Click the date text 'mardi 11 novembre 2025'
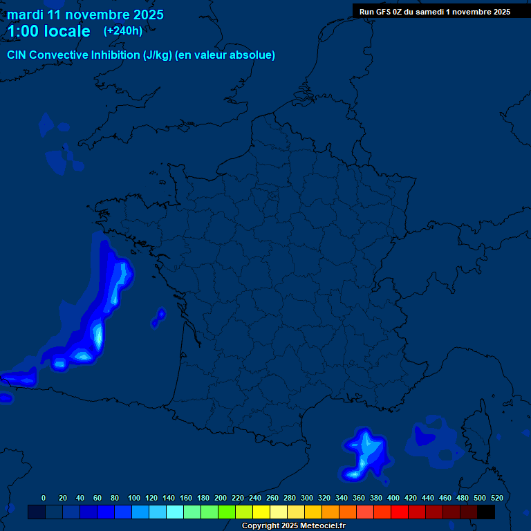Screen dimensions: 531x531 [85, 15]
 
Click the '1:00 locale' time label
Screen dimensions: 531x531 [48, 31]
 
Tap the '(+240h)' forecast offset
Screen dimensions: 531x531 [123, 30]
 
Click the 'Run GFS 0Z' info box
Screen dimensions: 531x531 [434, 11]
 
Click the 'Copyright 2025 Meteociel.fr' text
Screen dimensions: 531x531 [293, 526]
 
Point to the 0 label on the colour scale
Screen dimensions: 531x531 [44, 498]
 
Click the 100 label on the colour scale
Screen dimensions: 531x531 [134, 498]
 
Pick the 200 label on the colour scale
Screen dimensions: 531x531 [221, 498]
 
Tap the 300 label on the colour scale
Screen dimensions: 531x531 [307, 498]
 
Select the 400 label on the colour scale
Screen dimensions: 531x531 [393, 498]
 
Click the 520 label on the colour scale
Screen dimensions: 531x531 [496, 498]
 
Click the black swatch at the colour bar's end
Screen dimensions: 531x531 [486, 512]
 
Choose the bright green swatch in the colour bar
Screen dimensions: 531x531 [226, 512]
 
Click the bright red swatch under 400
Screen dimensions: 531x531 [399, 512]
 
